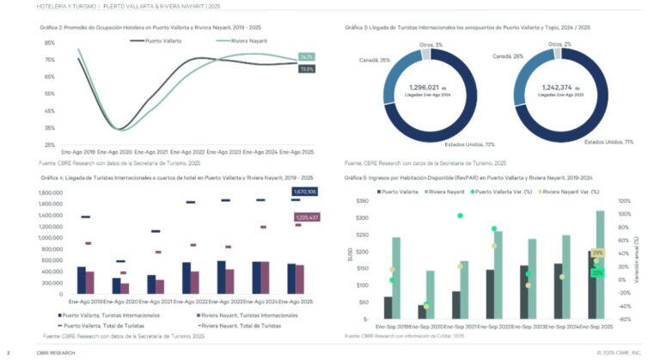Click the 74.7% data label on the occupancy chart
coord(307,57)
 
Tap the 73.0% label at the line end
coord(307,69)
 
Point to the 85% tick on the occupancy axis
coord(50,43)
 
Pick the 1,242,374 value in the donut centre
coord(563,88)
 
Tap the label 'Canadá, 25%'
coord(372,60)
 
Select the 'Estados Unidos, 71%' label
coord(608,141)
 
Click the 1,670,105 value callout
coord(305,192)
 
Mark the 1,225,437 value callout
coord(307,217)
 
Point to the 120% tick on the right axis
coord(624,201)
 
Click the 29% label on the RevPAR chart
coord(598,253)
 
